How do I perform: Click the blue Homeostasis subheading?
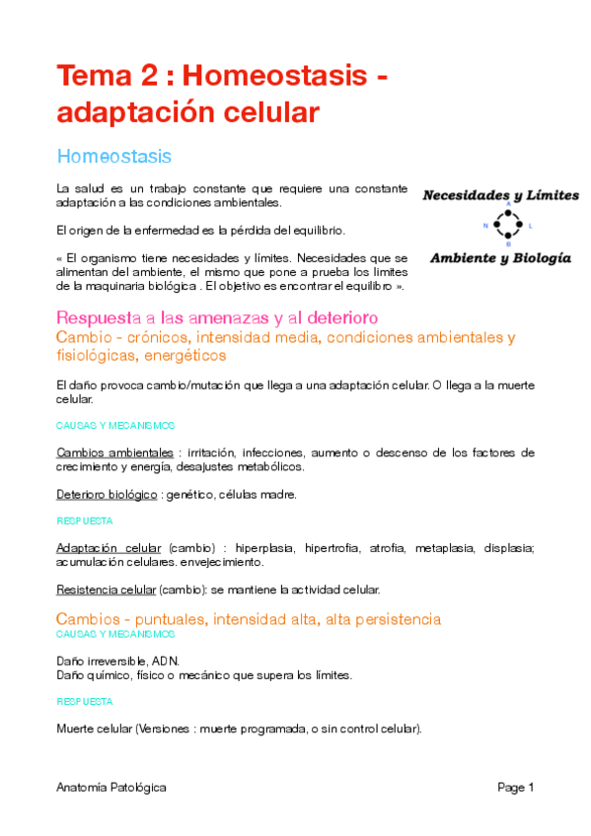coord(114,157)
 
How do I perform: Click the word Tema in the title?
coord(95,75)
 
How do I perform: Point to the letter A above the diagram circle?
coord(507,205)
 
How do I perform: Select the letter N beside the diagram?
coord(484,226)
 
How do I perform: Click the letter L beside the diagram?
coord(530,226)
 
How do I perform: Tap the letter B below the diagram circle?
coord(507,245)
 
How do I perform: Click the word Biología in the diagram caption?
coord(539,258)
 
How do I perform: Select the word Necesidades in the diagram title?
coord(466,194)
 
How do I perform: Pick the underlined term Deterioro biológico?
coord(107,493)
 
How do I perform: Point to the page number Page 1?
coord(515,787)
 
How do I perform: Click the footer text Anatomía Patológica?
coord(111,787)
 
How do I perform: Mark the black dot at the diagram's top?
coord(507,213)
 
